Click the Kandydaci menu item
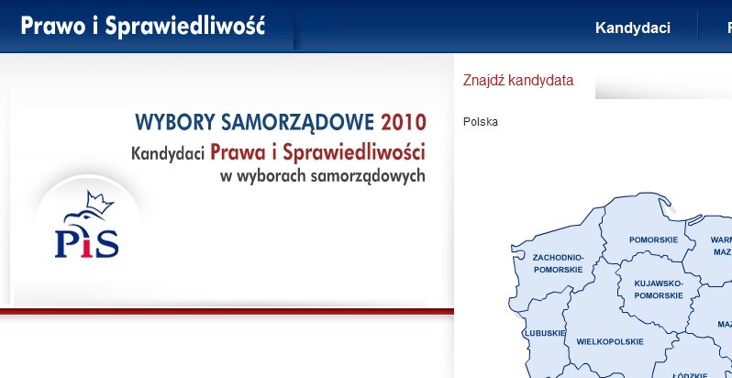633,28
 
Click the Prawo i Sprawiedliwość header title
143,26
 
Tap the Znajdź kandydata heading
517,80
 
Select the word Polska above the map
481,122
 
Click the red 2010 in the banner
404,122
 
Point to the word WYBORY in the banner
175,122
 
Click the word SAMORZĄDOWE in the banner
297,123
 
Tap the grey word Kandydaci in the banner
168,153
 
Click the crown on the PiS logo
100,202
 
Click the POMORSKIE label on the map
653,239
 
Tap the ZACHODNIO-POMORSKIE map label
559,263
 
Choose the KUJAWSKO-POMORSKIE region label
659,289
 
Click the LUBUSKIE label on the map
545,333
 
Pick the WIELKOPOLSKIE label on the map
610,341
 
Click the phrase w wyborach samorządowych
323,176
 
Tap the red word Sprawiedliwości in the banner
354,152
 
